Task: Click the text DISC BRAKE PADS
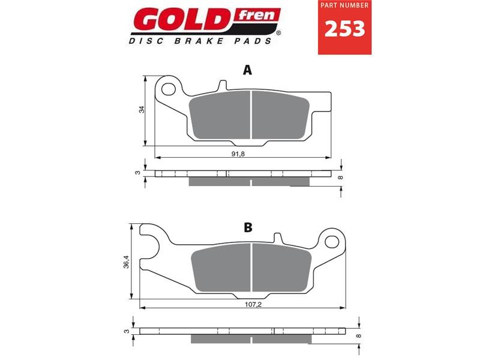point(199,41)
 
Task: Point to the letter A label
point(247,71)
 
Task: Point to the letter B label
point(248,227)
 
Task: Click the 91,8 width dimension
point(239,154)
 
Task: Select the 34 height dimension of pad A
point(142,110)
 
